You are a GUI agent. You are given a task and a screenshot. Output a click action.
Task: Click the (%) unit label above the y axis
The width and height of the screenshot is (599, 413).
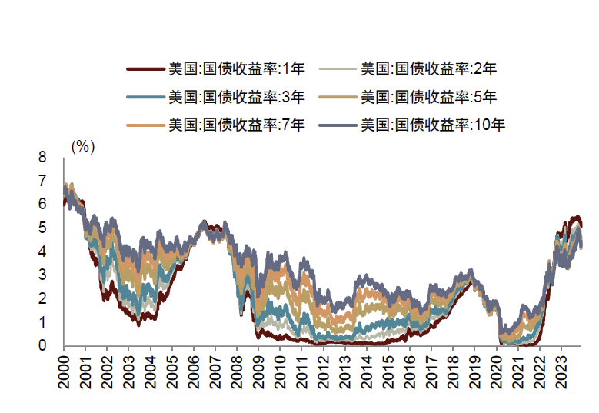tap(82, 147)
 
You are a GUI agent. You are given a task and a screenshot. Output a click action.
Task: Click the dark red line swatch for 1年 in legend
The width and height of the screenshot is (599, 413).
tap(146, 69)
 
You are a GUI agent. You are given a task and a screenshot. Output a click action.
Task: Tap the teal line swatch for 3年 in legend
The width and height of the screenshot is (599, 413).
tap(146, 97)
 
